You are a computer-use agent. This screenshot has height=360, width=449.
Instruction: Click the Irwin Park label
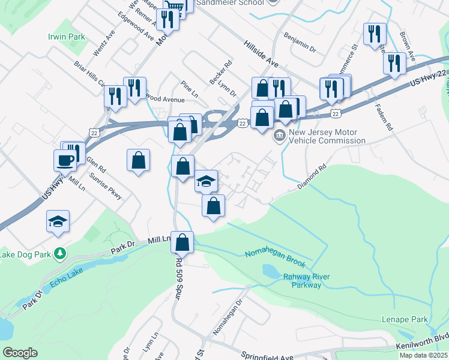click(67, 37)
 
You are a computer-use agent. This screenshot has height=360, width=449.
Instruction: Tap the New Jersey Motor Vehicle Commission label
click(327, 136)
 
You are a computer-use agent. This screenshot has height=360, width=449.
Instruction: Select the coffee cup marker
click(65, 160)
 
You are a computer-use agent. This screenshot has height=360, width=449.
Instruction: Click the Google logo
click(20, 353)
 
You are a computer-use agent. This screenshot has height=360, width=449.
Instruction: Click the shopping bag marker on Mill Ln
click(183, 243)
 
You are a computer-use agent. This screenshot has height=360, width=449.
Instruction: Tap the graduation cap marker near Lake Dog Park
click(58, 221)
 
